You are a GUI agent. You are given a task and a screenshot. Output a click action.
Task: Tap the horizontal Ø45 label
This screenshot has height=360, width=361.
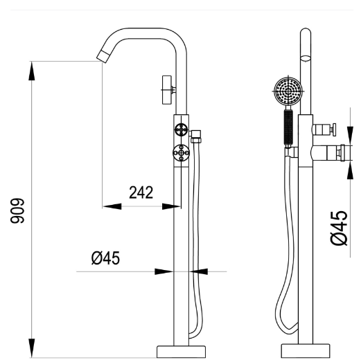pos(105,258)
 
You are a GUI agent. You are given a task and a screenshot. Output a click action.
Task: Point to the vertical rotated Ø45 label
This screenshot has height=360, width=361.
pos(338,228)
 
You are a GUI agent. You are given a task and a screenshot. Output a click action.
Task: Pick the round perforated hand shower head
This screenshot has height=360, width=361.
pos(288,91)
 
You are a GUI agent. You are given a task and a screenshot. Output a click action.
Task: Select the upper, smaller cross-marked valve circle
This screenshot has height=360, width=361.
pos(181,129)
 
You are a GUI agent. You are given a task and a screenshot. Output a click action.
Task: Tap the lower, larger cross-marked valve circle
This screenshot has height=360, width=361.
pos(181,153)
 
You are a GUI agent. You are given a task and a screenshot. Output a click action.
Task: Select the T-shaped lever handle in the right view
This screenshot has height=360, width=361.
pos(332,129)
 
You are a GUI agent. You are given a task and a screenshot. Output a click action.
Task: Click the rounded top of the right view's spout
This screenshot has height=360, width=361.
pos(305,36)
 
